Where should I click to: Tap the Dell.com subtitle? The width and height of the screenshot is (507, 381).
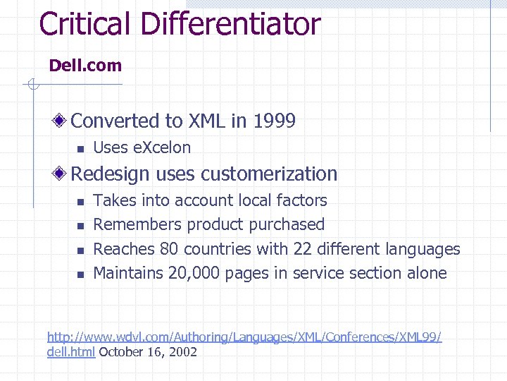tap(85, 66)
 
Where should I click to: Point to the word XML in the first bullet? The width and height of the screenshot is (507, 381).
tap(206, 121)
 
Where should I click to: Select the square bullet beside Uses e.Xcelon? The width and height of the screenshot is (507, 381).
tap(80, 149)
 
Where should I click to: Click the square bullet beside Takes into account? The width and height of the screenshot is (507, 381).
tap(80, 202)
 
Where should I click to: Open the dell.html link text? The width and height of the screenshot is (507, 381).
tap(71, 351)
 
